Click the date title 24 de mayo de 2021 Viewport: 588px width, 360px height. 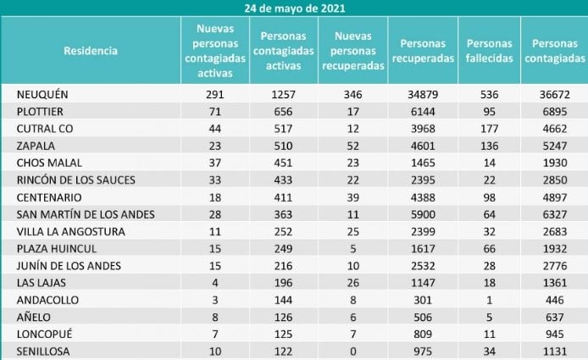point(295,8)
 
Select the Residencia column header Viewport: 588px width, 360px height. point(91,51)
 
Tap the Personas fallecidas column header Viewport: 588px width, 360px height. point(490,51)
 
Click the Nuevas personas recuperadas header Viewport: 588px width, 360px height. point(353,51)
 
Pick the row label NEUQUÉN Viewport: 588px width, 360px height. point(42,94)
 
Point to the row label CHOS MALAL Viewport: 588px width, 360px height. point(49,163)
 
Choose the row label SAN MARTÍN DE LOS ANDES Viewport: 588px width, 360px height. point(86,214)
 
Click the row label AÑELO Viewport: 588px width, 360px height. point(34,318)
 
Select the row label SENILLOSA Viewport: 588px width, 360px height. point(43,352)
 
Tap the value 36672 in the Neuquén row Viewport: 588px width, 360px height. point(555,94)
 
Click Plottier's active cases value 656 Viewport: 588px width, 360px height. point(283,111)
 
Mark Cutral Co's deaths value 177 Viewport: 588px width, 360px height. point(490,129)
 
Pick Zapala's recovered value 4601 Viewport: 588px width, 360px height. point(423,146)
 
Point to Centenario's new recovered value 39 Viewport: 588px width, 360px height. point(352,197)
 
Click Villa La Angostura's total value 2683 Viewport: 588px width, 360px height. point(555,231)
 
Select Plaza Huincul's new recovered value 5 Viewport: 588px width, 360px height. point(352,249)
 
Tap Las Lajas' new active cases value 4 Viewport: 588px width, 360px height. point(215,283)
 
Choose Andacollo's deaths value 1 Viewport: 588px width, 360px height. point(490,300)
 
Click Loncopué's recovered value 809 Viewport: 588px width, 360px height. point(423,334)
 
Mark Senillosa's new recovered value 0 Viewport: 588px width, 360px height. point(352,352)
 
